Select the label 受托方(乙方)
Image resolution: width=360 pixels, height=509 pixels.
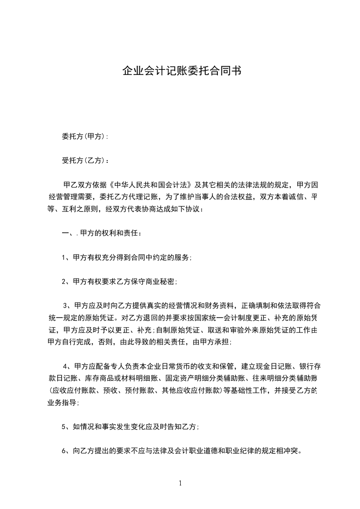84,160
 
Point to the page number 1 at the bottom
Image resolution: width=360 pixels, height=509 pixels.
180,483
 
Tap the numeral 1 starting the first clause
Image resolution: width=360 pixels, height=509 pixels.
64,257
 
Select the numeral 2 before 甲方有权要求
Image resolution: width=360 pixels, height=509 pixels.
64,282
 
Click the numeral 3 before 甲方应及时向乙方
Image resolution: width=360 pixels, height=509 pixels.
65,305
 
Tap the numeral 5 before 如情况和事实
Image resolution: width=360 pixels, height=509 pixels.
64,427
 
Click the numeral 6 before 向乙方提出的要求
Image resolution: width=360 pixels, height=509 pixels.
64,451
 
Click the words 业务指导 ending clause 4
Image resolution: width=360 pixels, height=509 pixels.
63,402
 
